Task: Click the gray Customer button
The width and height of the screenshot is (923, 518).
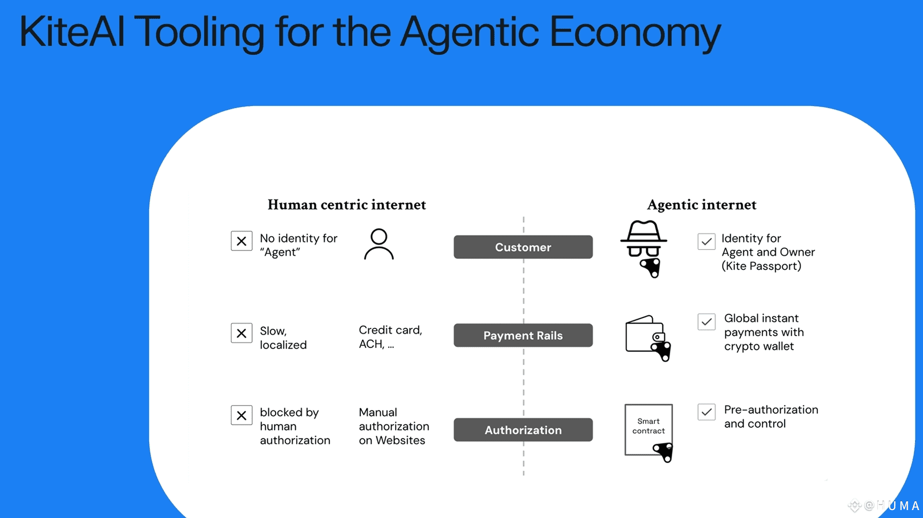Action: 523,247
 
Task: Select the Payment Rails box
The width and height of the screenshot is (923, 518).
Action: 523,335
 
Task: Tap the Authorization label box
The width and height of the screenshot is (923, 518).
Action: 523,430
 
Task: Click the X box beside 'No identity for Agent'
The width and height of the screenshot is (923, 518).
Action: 241,241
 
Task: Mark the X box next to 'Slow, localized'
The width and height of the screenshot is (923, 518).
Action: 241,333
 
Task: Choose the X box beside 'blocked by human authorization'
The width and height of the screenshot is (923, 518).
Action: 241,415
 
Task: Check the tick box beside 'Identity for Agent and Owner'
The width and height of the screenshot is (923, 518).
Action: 706,242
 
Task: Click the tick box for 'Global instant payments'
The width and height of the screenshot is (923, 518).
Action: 706,322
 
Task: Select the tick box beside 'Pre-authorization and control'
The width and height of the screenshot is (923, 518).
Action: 706,412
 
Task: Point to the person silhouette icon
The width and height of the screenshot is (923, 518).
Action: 379,244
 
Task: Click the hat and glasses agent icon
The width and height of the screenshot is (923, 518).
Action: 644,247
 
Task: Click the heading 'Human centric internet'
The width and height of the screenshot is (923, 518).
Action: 346,205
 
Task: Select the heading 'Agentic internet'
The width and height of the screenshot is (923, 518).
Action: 701,205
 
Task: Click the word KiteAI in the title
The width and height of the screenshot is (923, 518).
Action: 72,32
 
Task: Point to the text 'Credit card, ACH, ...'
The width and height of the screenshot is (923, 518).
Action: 390,337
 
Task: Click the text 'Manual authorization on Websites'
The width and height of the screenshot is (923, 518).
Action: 394,426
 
